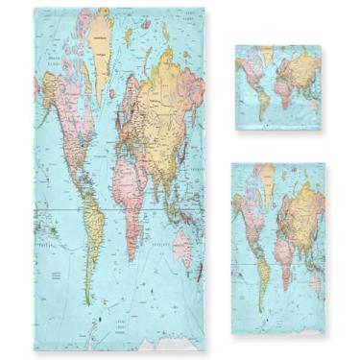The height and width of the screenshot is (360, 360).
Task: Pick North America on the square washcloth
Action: pos(248,70)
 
